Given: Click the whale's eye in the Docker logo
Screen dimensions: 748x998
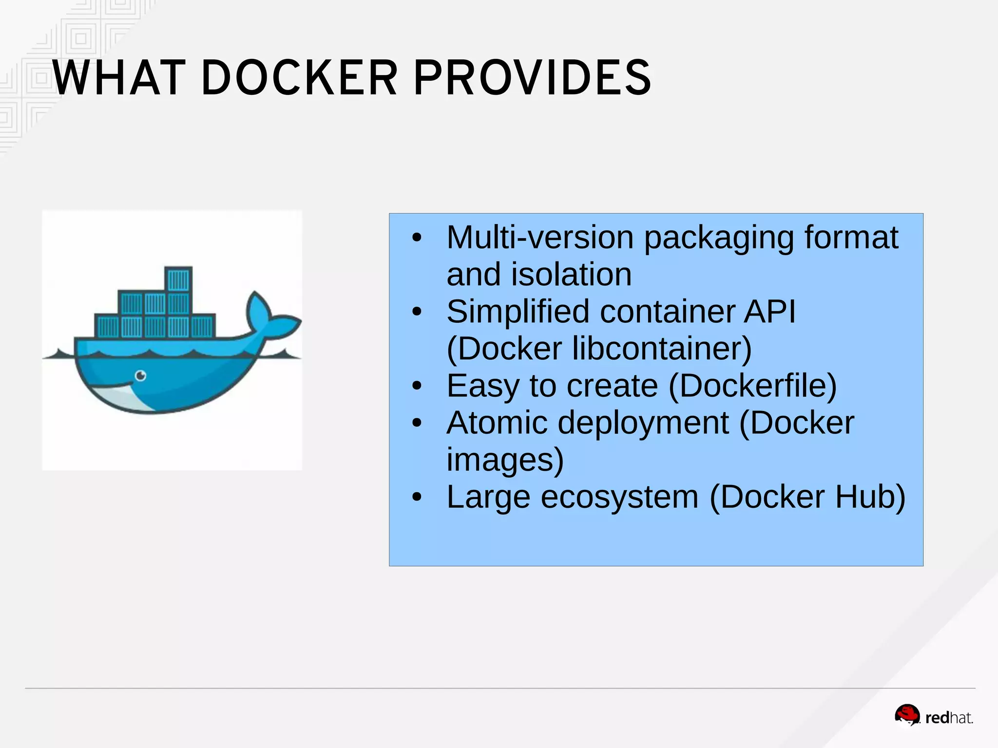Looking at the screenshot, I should [x=141, y=375].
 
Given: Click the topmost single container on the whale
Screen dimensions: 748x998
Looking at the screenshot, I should [x=178, y=280].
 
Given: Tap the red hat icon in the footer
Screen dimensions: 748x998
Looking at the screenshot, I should [x=906, y=715].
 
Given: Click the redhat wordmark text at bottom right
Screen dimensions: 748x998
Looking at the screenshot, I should [x=948, y=718].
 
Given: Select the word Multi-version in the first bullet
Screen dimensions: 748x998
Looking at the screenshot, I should [x=540, y=238].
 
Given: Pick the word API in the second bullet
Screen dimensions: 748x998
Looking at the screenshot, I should [x=769, y=312].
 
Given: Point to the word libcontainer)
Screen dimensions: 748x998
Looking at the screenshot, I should [x=662, y=349].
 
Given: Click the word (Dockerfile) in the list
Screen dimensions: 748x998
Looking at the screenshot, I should [x=752, y=386].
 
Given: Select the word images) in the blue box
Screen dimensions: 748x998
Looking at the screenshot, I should [x=505, y=460].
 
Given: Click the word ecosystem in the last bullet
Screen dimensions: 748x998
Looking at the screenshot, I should [x=619, y=497].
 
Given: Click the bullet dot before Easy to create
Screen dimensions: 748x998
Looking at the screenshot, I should [x=416, y=386].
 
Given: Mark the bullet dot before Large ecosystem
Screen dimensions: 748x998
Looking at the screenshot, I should [x=416, y=497].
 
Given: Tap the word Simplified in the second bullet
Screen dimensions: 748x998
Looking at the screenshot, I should [x=518, y=312].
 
